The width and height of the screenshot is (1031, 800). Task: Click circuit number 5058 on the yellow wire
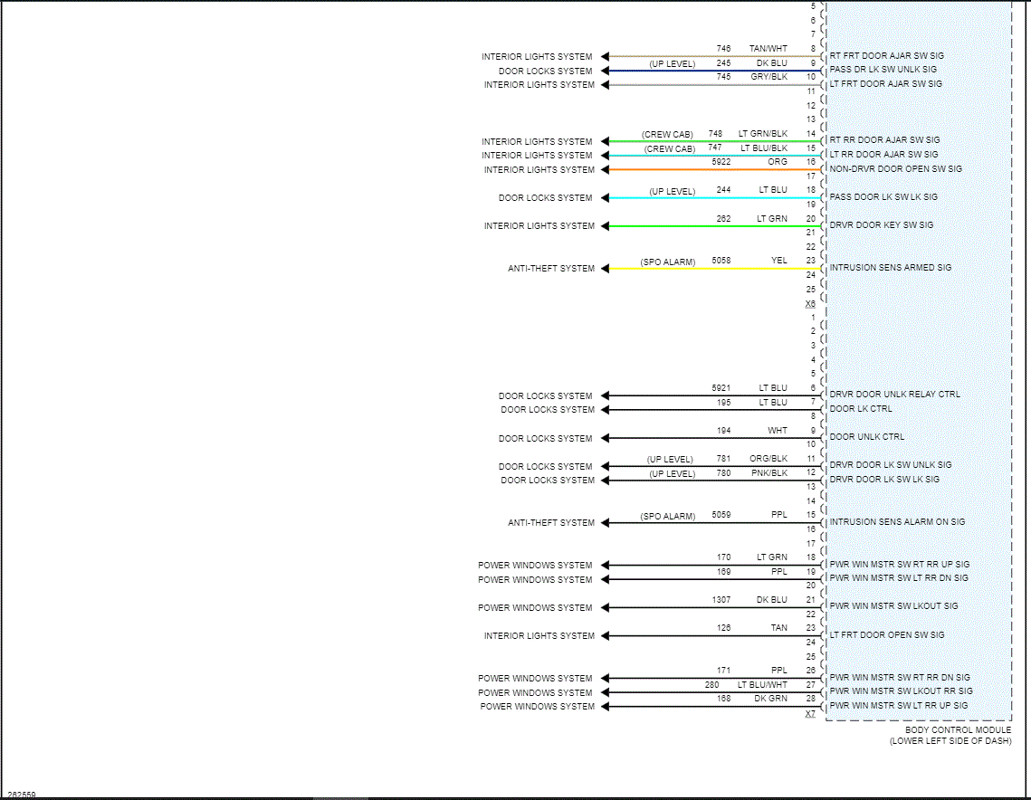[721, 261]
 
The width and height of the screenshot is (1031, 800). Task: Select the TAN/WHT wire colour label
[768, 49]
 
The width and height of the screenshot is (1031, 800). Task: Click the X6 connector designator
[810, 304]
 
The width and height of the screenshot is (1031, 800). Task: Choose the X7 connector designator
[810, 714]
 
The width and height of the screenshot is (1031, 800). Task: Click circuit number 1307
[721, 600]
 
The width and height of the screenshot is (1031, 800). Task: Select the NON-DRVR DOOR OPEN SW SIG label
[895, 169]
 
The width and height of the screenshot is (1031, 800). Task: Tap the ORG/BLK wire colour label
[768, 459]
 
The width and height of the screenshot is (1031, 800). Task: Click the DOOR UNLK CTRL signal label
[866, 437]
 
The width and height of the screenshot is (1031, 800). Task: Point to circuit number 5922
[721, 162]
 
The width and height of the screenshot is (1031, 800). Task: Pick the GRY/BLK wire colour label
[768, 77]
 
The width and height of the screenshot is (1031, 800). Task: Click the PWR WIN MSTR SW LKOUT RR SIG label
[901, 691]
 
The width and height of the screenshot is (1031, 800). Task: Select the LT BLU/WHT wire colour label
[762, 685]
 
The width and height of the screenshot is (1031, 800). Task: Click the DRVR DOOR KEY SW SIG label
[881, 225]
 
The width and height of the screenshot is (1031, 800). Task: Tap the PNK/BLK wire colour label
[768, 473]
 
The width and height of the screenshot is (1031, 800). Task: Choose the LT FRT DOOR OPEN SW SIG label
[886, 635]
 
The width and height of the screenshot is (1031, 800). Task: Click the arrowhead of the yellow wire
[606, 269]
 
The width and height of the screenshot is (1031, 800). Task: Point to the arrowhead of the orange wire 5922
[606, 170]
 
